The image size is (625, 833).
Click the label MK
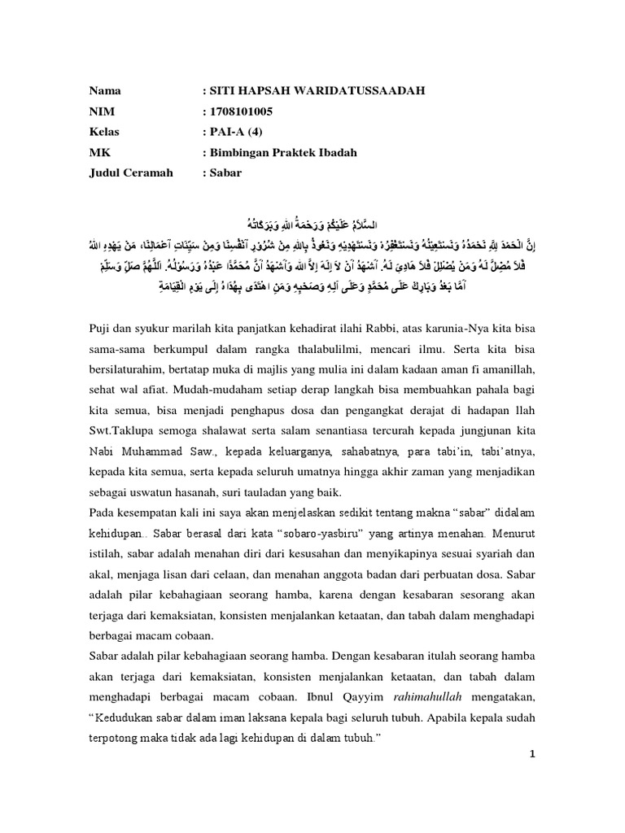tap(98, 152)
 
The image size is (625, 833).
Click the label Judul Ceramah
tap(131, 173)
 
